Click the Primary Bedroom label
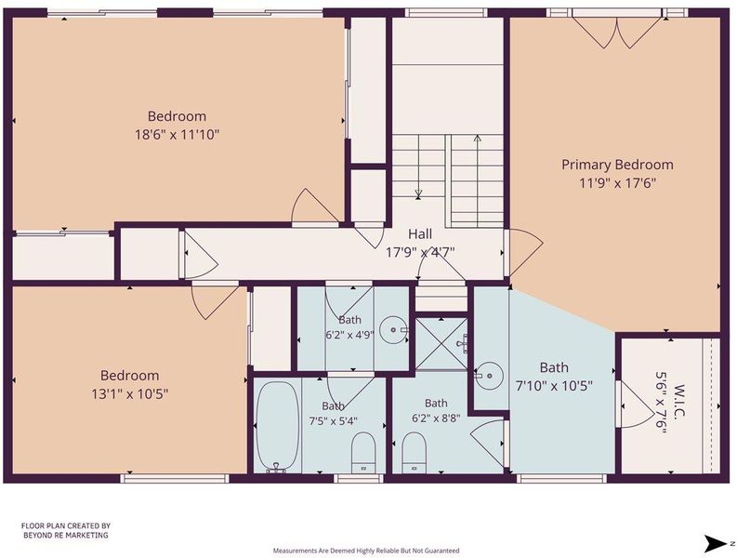pos(617,165)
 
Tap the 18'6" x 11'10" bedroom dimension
pos(178,135)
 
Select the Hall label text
pos(420,233)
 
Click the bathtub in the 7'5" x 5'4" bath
pos(279,426)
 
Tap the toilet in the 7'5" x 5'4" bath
pos(363,453)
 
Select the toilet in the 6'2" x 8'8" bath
pos(415,453)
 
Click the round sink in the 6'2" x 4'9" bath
pos(393,330)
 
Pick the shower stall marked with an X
pos(441,343)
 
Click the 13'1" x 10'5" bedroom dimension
pos(130,393)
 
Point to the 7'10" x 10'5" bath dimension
pos(554,386)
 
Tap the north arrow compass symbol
pos(717,544)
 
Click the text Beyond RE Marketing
pos(66,536)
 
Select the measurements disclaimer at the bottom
pos(366,551)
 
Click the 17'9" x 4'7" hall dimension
pos(420,253)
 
